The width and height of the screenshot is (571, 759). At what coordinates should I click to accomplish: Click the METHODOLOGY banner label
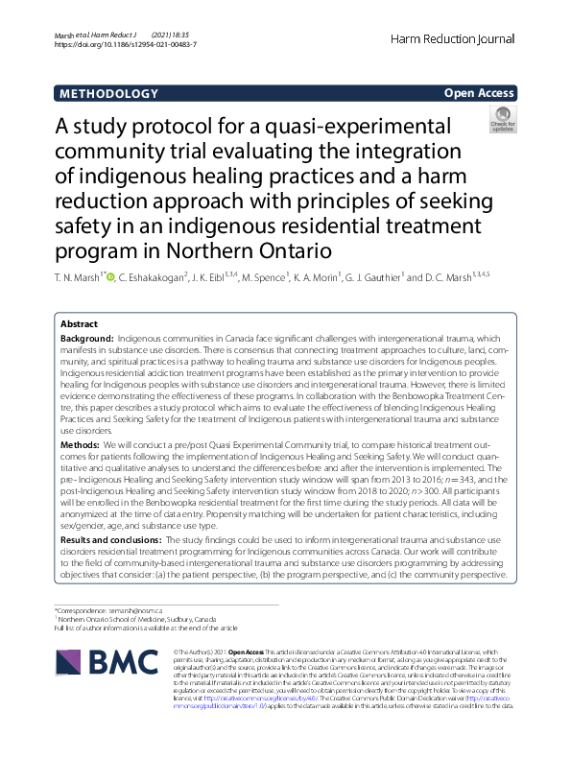[108, 94]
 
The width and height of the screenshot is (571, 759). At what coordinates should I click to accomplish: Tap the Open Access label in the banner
[479, 94]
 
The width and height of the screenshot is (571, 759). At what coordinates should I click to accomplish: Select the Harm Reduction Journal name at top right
[454, 39]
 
